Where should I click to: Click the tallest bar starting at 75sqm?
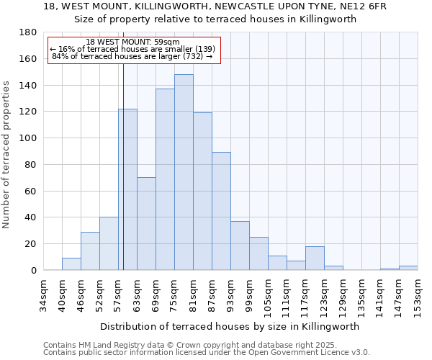click(x=184, y=173)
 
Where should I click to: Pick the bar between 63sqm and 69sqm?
click(x=146, y=223)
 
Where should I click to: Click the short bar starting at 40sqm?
click(x=71, y=264)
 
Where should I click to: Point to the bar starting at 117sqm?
click(x=315, y=258)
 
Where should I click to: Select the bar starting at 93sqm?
click(x=240, y=246)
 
